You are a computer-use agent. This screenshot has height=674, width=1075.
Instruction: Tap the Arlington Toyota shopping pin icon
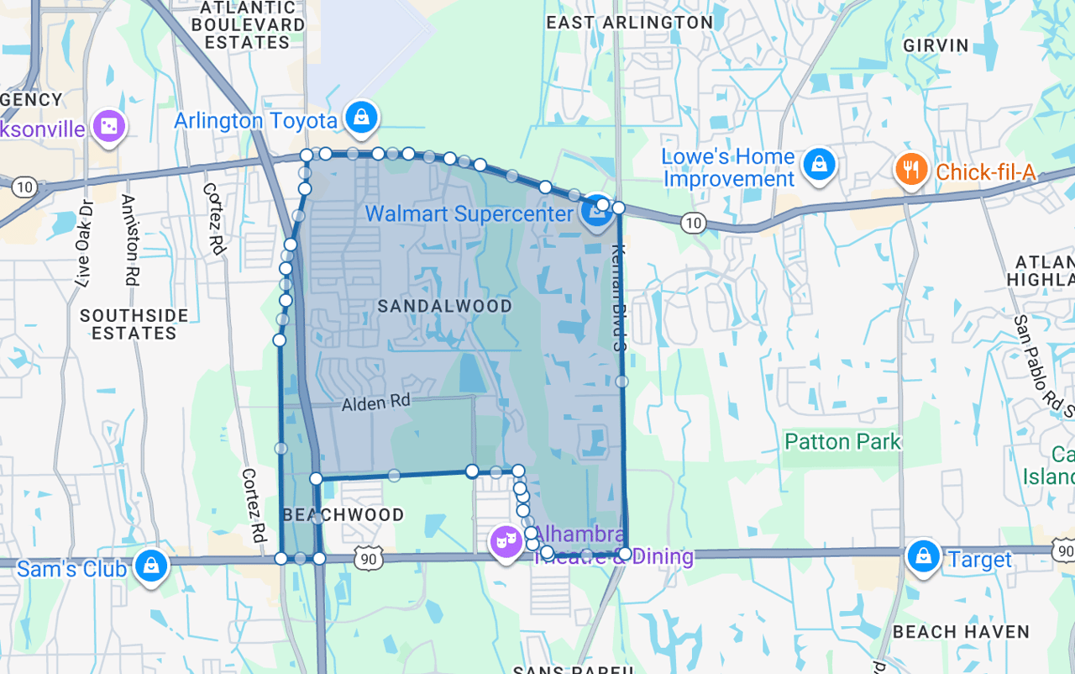coord(361,118)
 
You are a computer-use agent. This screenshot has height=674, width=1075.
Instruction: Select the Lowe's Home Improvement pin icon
coord(818,164)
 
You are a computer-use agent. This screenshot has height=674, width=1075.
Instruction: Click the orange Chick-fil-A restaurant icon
coord(910,170)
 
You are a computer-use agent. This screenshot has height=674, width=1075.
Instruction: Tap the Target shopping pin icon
coord(923,556)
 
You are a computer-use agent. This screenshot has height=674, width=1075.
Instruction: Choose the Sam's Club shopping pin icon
coord(151,565)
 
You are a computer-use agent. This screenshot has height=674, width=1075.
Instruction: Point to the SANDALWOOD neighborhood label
coord(445,306)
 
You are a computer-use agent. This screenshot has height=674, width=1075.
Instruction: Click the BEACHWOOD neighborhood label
coord(343,514)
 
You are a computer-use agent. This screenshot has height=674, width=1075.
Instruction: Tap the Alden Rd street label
coord(375,404)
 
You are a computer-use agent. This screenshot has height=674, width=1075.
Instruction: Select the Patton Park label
coord(842,441)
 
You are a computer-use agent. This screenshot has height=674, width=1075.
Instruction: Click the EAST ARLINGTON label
coord(630,23)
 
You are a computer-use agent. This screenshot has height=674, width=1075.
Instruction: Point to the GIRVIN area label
coord(936,45)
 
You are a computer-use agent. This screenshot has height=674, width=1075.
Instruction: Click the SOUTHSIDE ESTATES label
coord(134,324)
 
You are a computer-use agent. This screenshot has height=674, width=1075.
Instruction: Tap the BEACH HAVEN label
coord(961,632)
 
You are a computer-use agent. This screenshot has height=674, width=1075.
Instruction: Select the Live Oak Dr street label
coord(84,244)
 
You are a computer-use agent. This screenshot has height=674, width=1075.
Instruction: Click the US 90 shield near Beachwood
coord(370,557)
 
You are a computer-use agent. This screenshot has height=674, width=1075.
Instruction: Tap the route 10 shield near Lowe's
coord(693,223)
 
